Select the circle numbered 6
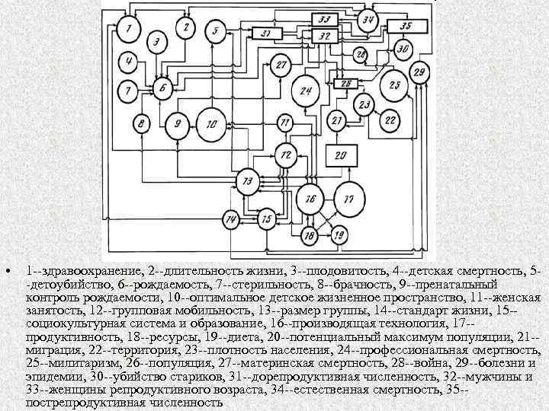[x=162, y=89]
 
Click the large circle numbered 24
[x=307, y=92]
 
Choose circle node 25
[x=394, y=85]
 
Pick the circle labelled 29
[x=419, y=72]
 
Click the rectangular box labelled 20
[x=342, y=156]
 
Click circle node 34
[x=370, y=20]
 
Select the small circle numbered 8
[x=141, y=123]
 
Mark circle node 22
[x=390, y=119]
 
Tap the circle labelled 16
[x=310, y=199]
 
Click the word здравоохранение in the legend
[x=76, y=270]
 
